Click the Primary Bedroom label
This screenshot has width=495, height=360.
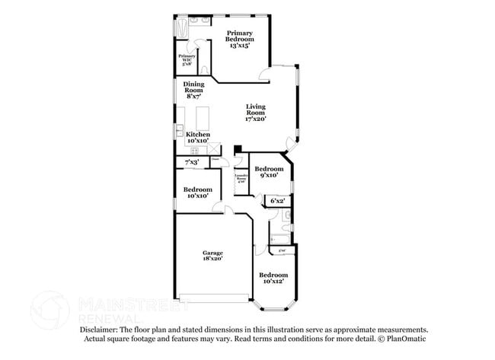(x=239, y=39)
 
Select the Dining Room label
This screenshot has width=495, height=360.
(x=193, y=90)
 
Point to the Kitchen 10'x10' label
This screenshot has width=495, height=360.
(x=198, y=137)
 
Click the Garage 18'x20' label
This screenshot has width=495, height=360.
(x=212, y=256)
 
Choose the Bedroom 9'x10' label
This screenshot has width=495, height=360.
(x=268, y=172)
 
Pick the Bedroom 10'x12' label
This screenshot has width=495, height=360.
(x=273, y=278)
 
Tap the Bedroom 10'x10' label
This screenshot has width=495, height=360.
(x=197, y=192)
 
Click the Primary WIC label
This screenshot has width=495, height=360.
(x=187, y=60)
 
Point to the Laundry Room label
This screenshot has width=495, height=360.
(x=241, y=180)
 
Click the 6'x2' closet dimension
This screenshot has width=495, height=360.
(x=279, y=201)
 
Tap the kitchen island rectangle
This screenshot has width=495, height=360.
(x=203, y=118)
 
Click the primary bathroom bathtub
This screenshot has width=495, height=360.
(x=183, y=28)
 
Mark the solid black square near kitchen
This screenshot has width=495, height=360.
(x=238, y=149)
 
